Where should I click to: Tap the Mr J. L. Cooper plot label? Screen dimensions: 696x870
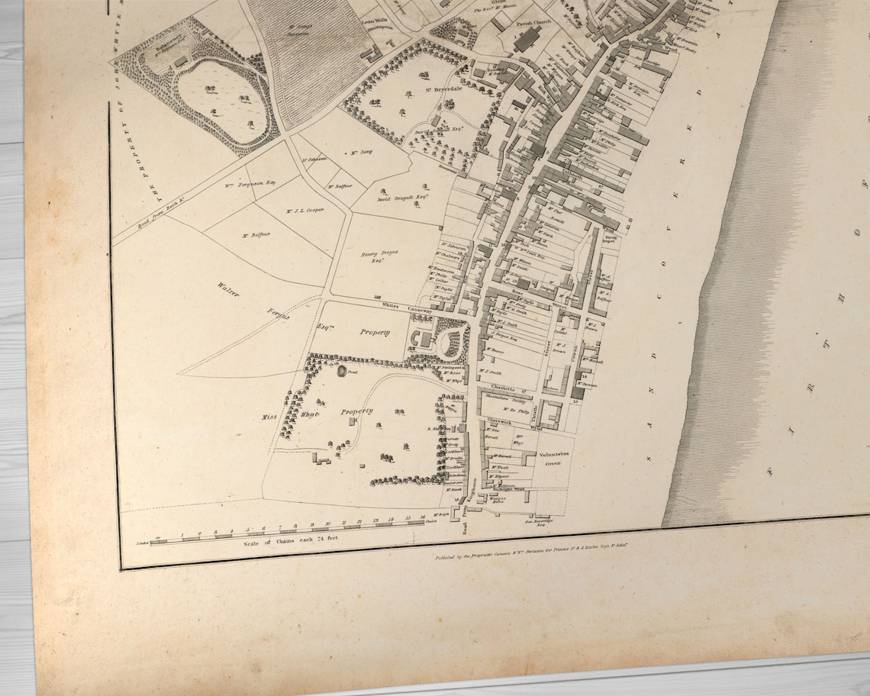click(304, 211)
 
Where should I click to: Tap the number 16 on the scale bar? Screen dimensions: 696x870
click(422, 517)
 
